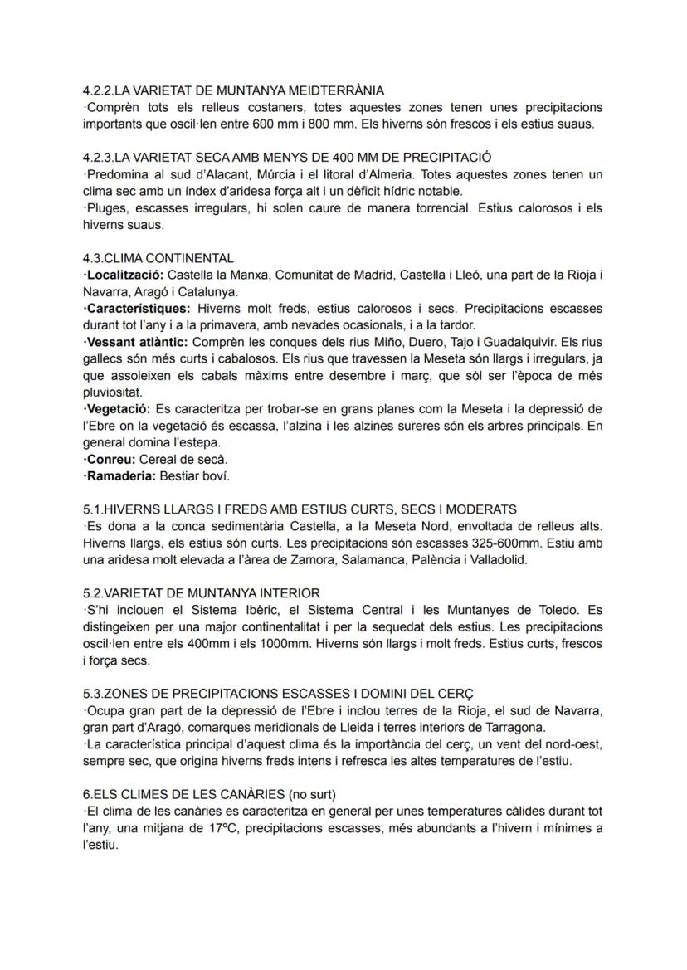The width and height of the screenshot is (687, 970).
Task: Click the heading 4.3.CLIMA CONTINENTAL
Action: (158, 258)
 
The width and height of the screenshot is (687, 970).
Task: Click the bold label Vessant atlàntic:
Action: (135, 342)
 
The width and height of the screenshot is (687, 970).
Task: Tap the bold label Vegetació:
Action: (117, 409)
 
